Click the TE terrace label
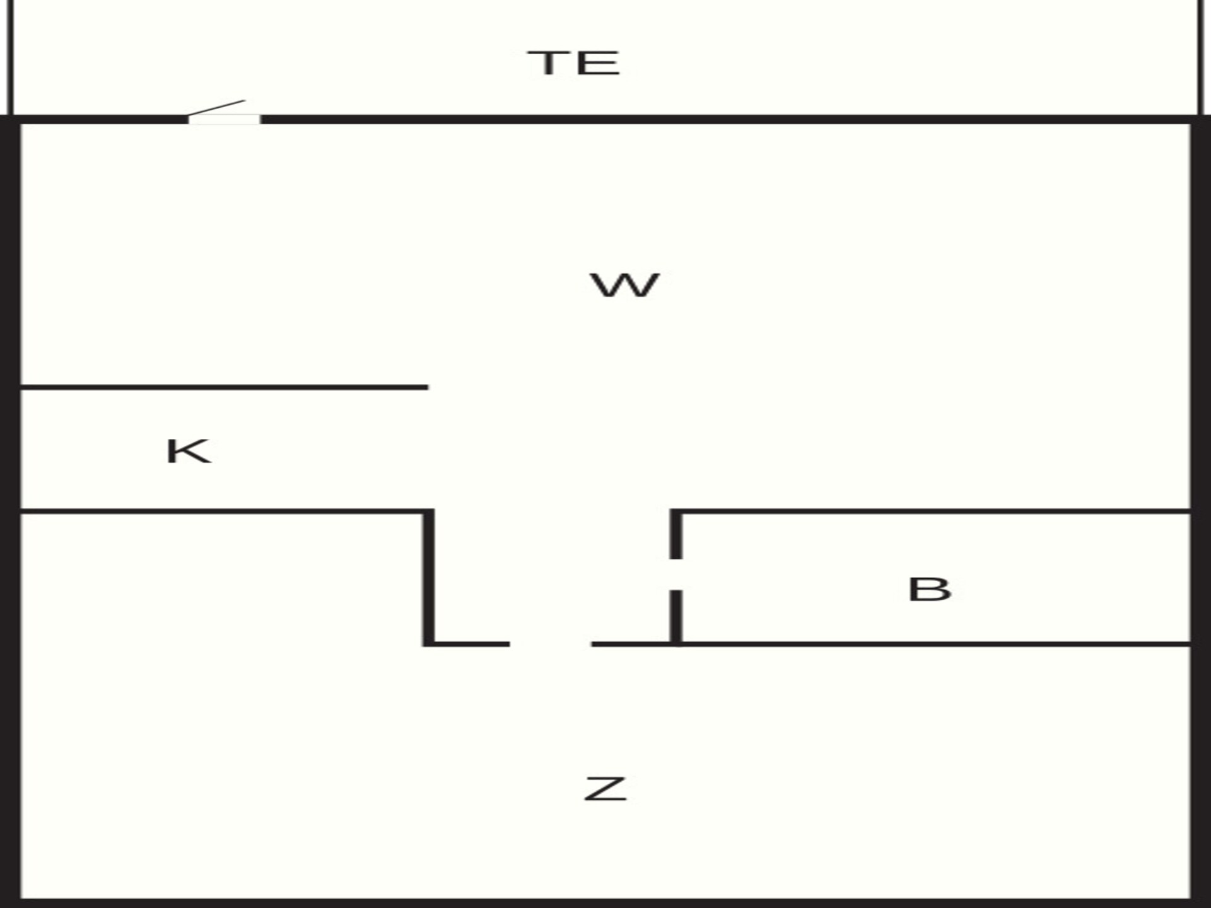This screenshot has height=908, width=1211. (x=573, y=63)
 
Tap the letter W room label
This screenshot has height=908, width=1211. (x=624, y=285)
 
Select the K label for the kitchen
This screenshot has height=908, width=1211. (x=188, y=451)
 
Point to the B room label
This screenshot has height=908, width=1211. (x=929, y=590)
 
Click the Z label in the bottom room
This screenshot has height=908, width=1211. (x=605, y=789)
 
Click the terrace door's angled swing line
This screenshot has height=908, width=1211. (x=216, y=108)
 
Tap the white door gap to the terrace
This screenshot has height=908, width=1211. (x=225, y=119)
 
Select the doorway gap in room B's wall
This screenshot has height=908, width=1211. (x=676, y=574)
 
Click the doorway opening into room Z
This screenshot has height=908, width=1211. (x=551, y=644)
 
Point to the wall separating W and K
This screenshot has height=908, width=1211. (x=225, y=387)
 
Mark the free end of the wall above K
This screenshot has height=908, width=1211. (x=428, y=387)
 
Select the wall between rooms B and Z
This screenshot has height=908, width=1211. (x=891, y=644)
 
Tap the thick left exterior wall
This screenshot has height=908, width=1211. (x=10, y=511)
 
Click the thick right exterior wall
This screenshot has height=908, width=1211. (x=1201, y=511)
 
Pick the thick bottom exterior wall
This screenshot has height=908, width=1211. (x=605, y=903)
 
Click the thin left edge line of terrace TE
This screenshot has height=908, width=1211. (x=10, y=57)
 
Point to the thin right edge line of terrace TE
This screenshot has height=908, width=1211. (x=1200, y=57)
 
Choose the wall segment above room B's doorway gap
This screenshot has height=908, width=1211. (x=676, y=534)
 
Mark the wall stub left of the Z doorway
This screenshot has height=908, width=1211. (x=466, y=644)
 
